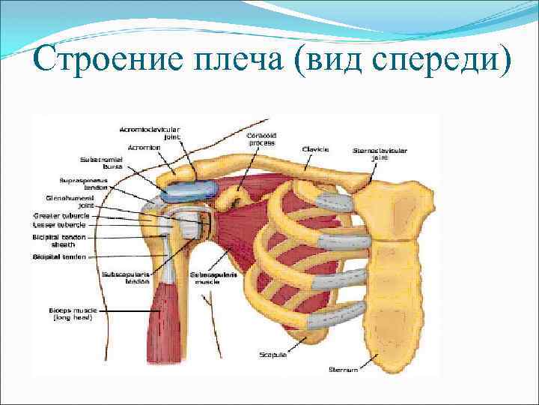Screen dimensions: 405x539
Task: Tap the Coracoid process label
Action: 261,139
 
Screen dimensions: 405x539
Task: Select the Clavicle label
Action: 313,148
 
